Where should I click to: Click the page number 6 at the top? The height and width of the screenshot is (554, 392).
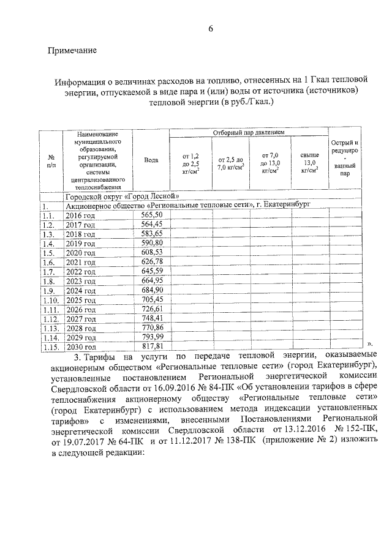(210, 29)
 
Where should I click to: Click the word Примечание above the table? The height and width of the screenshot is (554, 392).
(72, 50)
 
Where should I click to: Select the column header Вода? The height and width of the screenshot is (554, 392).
(151, 160)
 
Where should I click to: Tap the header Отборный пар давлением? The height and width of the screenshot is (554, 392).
(249, 132)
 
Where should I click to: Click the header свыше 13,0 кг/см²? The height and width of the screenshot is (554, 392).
(309, 163)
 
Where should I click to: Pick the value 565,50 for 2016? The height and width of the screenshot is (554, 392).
(151, 215)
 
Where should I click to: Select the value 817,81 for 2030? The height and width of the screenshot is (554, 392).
(151, 346)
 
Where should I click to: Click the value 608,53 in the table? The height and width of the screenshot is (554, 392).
(151, 252)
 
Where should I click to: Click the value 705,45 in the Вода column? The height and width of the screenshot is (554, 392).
(151, 299)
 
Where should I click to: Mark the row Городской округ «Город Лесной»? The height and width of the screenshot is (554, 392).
(123, 197)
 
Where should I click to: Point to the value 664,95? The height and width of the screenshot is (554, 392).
(151, 280)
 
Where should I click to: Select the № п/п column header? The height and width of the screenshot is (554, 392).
(51, 160)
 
